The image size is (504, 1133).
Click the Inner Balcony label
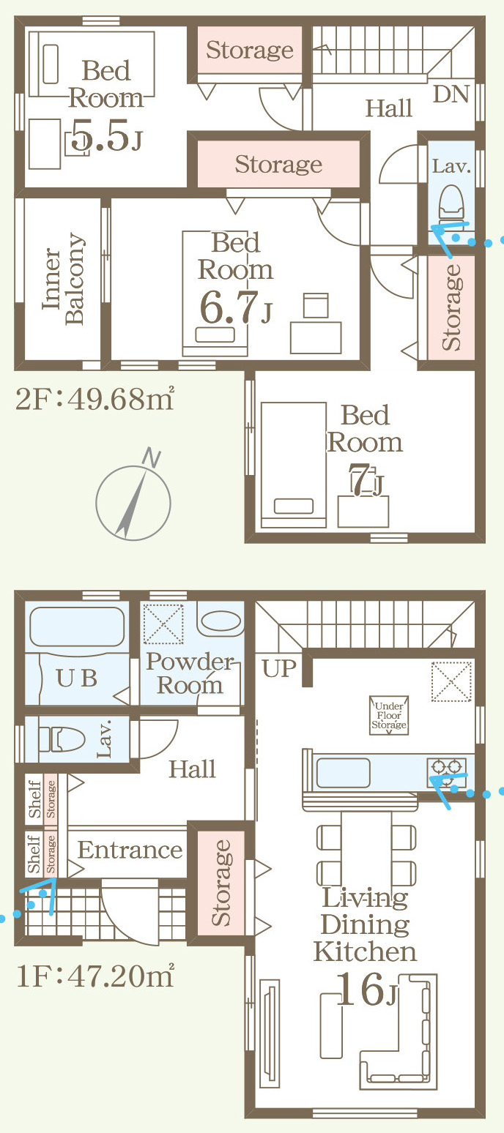pyautogui.click(x=64, y=279)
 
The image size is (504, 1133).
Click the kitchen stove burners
pyautogui.click(x=447, y=767)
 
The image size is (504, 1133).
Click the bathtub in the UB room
pyautogui.click(x=76, y=627)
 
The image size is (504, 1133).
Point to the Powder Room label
pyautogui.click(x=190, y=673)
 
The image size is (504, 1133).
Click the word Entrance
pyautogui.click(x=130, y=850)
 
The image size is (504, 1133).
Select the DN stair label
pyautogui.click(x=451, y=94)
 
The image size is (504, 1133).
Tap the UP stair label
pyautogui.click(x=278, y=668)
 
